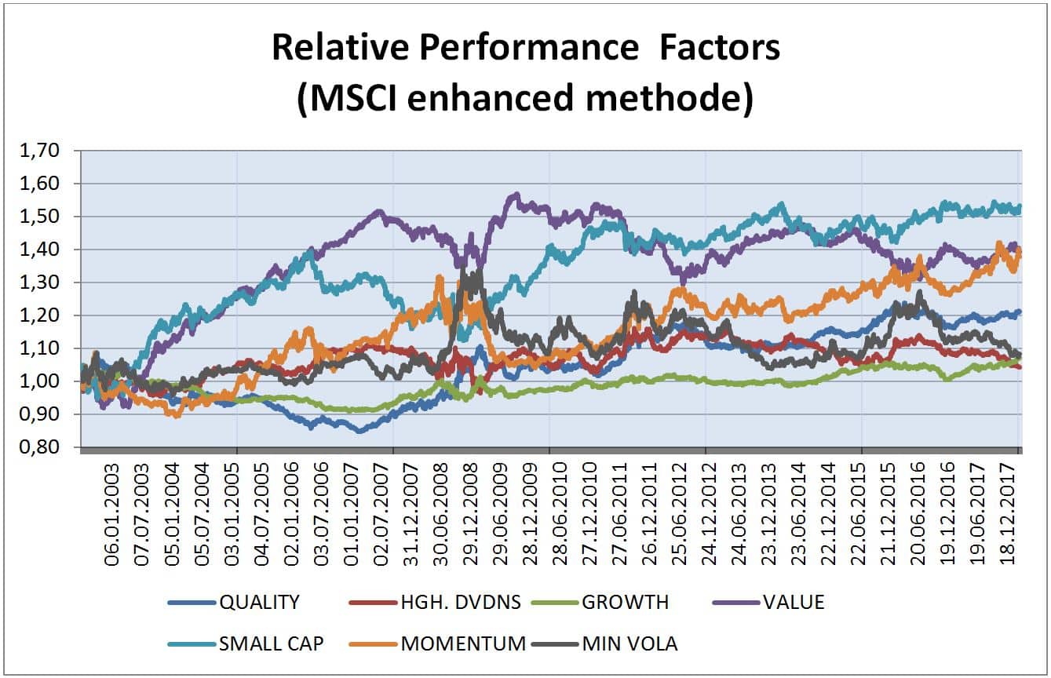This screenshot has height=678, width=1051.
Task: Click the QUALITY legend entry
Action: pyautogui.click(x=259, y=603)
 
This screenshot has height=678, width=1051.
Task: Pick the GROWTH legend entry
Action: pyautogui.click(x=626, y=603)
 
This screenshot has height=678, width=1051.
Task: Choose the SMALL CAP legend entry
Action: pyautogui.click(x=271, y=644)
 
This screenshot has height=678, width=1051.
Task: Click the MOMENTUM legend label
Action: pyautogui.click(x=462, y=644)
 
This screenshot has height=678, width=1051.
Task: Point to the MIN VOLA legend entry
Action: pyautogui.click(x=630, y=644)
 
